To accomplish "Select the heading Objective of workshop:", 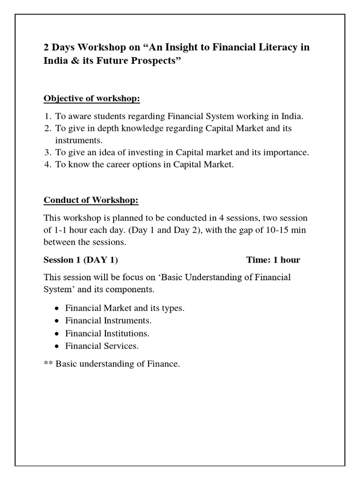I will pos(92,99).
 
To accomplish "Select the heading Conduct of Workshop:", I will pos(91,201).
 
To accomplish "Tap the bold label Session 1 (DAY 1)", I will pos(84,260).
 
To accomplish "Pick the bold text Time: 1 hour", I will pos(273,260).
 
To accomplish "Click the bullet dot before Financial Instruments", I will pos(57,322).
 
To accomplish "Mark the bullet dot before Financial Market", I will pos(57,309).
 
